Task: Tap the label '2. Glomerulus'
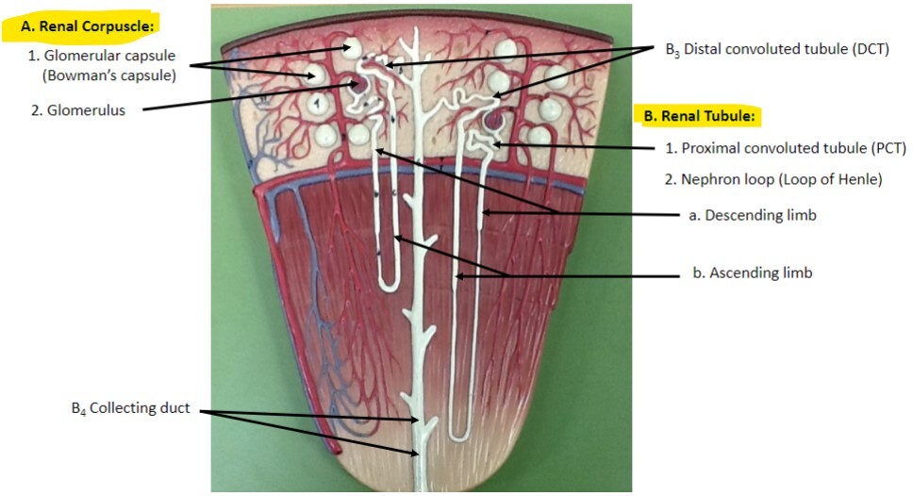(77, 109)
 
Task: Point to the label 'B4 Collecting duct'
(130, 408)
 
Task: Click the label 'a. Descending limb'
(752, 215)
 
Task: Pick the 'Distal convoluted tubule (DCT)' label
(777, 48)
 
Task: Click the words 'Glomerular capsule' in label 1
(108, 56)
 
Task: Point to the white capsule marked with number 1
(318, 102)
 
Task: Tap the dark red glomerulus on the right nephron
(493, 121)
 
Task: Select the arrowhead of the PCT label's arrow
(492, 144)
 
